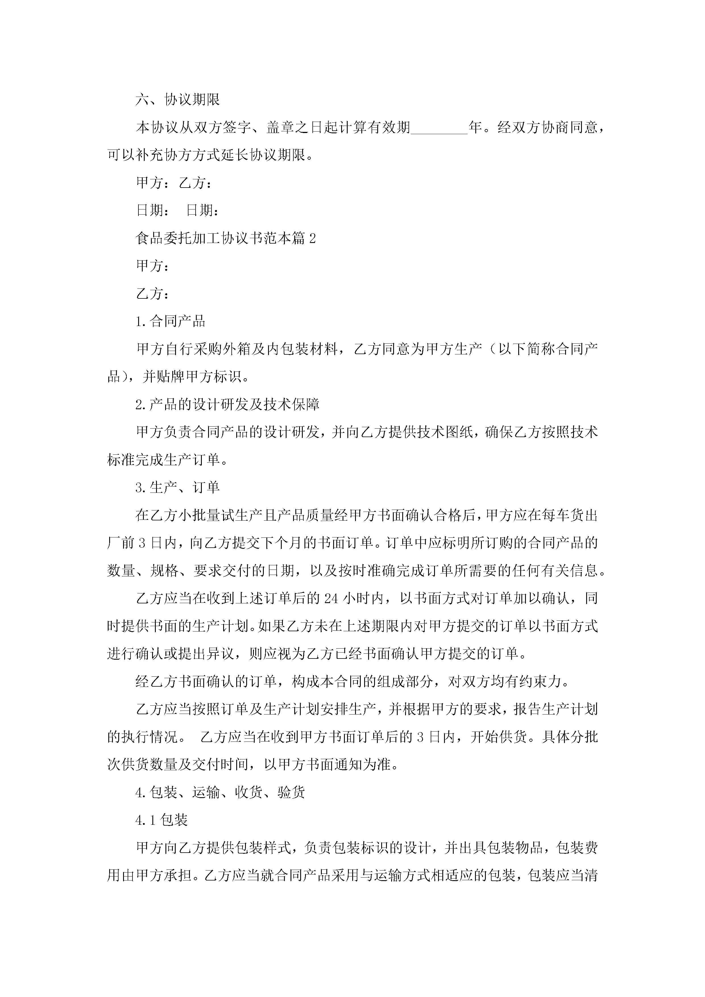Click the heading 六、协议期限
pos(178,99)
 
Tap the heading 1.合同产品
pos(170,321)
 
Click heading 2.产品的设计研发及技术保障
pos(227,405)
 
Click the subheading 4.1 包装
pos(161,820)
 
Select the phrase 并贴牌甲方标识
pos(192,377)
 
